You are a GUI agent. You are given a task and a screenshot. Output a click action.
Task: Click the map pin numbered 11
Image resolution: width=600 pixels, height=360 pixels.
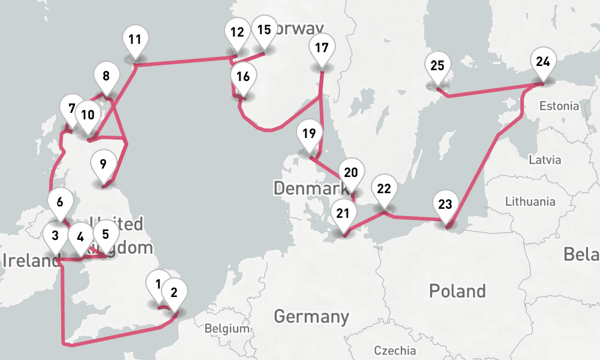coord(135,41)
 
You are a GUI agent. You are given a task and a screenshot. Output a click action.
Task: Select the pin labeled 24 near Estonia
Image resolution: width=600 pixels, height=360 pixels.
coord(543,62)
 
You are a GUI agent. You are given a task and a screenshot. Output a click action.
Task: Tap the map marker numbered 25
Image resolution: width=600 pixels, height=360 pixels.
coord(437,66)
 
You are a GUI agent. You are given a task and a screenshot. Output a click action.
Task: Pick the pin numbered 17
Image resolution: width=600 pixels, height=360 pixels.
coord(322,48)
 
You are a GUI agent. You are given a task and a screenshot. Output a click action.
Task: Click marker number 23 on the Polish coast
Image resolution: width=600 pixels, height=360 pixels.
coord(445,205)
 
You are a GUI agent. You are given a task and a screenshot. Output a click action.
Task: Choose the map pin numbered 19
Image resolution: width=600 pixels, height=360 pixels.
coord(309,134)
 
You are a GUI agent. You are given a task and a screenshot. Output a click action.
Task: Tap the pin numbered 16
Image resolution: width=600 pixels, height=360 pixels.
coord(242,77)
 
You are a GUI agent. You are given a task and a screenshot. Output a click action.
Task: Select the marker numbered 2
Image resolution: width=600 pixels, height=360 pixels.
coord(174,293)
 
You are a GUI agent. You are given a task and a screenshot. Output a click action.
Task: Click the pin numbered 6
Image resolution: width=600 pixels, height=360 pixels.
coord(59,202)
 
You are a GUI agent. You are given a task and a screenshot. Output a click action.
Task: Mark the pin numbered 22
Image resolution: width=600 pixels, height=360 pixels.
coord(384,189)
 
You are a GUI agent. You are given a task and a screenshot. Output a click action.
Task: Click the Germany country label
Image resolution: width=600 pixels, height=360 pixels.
coord(311,316)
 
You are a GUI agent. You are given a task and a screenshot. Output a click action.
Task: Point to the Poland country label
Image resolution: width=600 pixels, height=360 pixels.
coord(457,292)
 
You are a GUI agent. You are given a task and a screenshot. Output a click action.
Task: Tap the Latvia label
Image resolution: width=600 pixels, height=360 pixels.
coord(545,160)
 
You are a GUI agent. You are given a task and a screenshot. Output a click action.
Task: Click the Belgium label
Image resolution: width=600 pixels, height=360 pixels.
coord(226,329)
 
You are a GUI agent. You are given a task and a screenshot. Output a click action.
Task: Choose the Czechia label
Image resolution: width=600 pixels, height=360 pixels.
coord(395,350)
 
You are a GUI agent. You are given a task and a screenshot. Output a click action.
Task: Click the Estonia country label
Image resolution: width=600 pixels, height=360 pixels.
coord(559,106)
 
